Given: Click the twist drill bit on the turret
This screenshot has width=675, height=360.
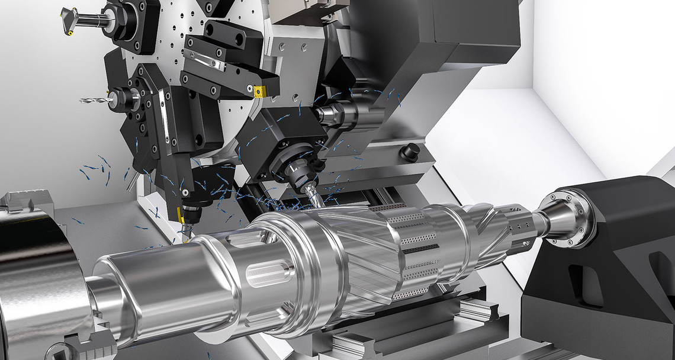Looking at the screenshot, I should (x=95, y=101).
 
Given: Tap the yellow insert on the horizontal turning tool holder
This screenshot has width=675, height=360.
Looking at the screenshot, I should (x=259, y=92).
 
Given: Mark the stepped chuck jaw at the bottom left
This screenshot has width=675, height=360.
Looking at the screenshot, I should (x=83, y=346).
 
